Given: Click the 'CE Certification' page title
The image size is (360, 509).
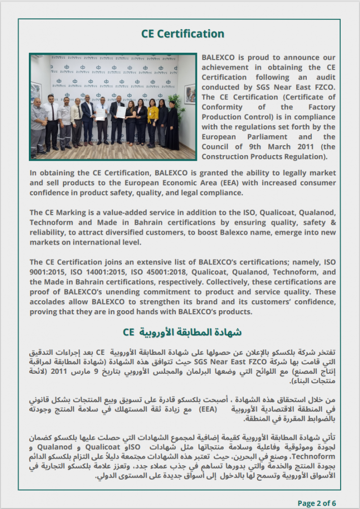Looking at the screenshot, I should coord(182,34).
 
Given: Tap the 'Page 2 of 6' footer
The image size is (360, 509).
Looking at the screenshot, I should coord(317,503).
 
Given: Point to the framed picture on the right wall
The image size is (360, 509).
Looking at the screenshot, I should coord(189,93).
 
